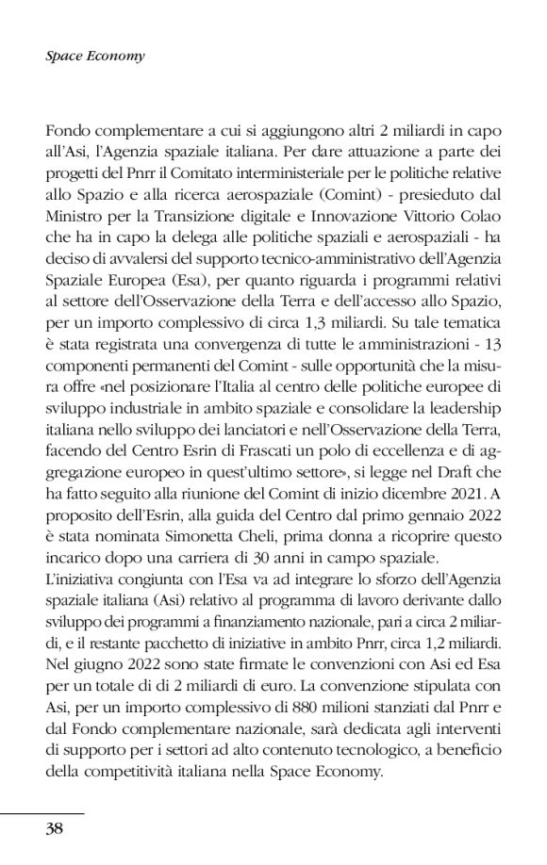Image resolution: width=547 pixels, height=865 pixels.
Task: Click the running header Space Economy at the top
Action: pyautogui.click(x=94, y=56)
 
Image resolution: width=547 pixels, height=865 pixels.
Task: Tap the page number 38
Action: pyautogui.click(x=55, y=829)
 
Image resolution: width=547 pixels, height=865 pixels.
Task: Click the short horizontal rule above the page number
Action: pyautogui.click(x=42, y=812)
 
